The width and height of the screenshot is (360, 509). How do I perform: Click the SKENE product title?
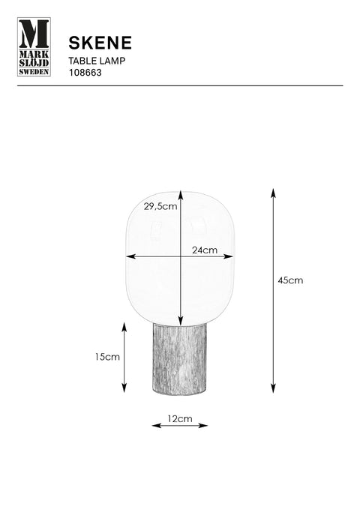pyautogui.click(x=100, y=43)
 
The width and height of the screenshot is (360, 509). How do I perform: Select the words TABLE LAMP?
pyautogui.click(x=97, y=61)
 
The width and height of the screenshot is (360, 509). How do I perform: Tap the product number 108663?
pyautogui.click(x=85, y=73)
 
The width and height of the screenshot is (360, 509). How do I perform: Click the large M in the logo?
pyautogui.click(x=34, y=34)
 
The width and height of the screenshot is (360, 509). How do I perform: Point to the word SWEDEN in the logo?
pyautogui.click(x=34, y=72)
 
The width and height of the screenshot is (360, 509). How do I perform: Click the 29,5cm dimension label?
pyautogui.click(x=160, y=206)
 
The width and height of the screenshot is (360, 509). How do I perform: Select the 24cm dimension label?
pyautogui.click(x=204, y=250)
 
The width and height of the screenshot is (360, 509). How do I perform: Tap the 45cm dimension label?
pyautogui.click(x=290, y=280)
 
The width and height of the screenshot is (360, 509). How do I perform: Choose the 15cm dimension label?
pyautogui.click(x=107, y=357)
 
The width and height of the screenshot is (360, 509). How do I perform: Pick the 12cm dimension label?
pyautogui.click(x=180, y=419)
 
